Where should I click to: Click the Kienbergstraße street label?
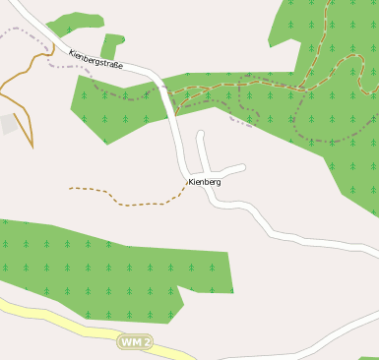(95, 61)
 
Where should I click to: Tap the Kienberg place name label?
(204, 182)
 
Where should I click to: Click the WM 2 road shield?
(136, 341)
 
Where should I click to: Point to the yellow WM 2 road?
(59, 318)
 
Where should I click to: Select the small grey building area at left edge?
(8, 124)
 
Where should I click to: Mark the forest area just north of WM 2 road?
(98, 270)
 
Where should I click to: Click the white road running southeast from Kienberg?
(285, 236)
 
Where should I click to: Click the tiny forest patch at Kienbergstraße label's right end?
(111, 44)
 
